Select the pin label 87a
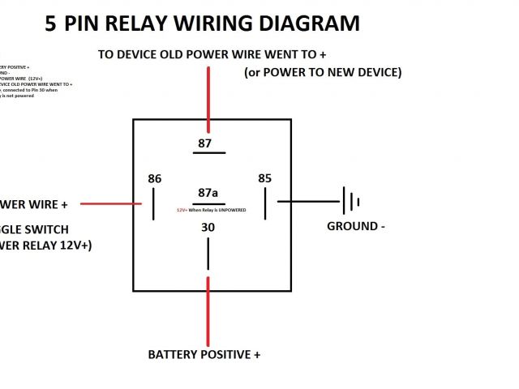(208, 193)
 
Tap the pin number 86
(154, 178)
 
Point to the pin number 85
(264, 178)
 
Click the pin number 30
(208, 228)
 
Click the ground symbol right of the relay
(350, 201)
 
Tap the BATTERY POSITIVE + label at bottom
(204, 355)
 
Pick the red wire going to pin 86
(109, 203)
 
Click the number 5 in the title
(51, 24)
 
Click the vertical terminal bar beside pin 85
(264, 202)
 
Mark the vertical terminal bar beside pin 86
(153, 203)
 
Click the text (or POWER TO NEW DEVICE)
(323, 73)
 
